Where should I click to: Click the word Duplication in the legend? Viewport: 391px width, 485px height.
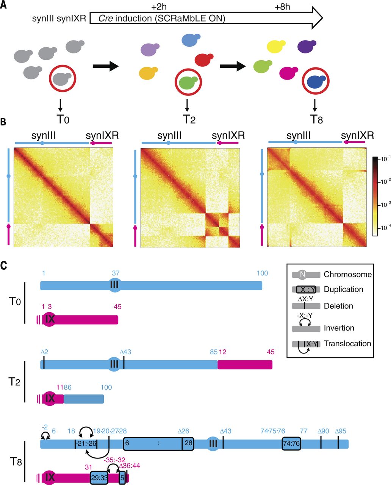(343, 289)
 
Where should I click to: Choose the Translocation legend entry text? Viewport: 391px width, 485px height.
(347, 344)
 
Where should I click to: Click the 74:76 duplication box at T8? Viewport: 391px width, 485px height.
(291, 444)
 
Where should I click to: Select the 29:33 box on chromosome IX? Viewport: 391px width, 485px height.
(99, 478)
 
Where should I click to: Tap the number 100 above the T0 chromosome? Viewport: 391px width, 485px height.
(262, 274)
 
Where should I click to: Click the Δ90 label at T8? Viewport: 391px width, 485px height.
(323, 431)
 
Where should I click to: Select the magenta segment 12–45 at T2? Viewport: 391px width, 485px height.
(245, 365)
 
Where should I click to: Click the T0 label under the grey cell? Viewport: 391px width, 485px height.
(63, 119)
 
